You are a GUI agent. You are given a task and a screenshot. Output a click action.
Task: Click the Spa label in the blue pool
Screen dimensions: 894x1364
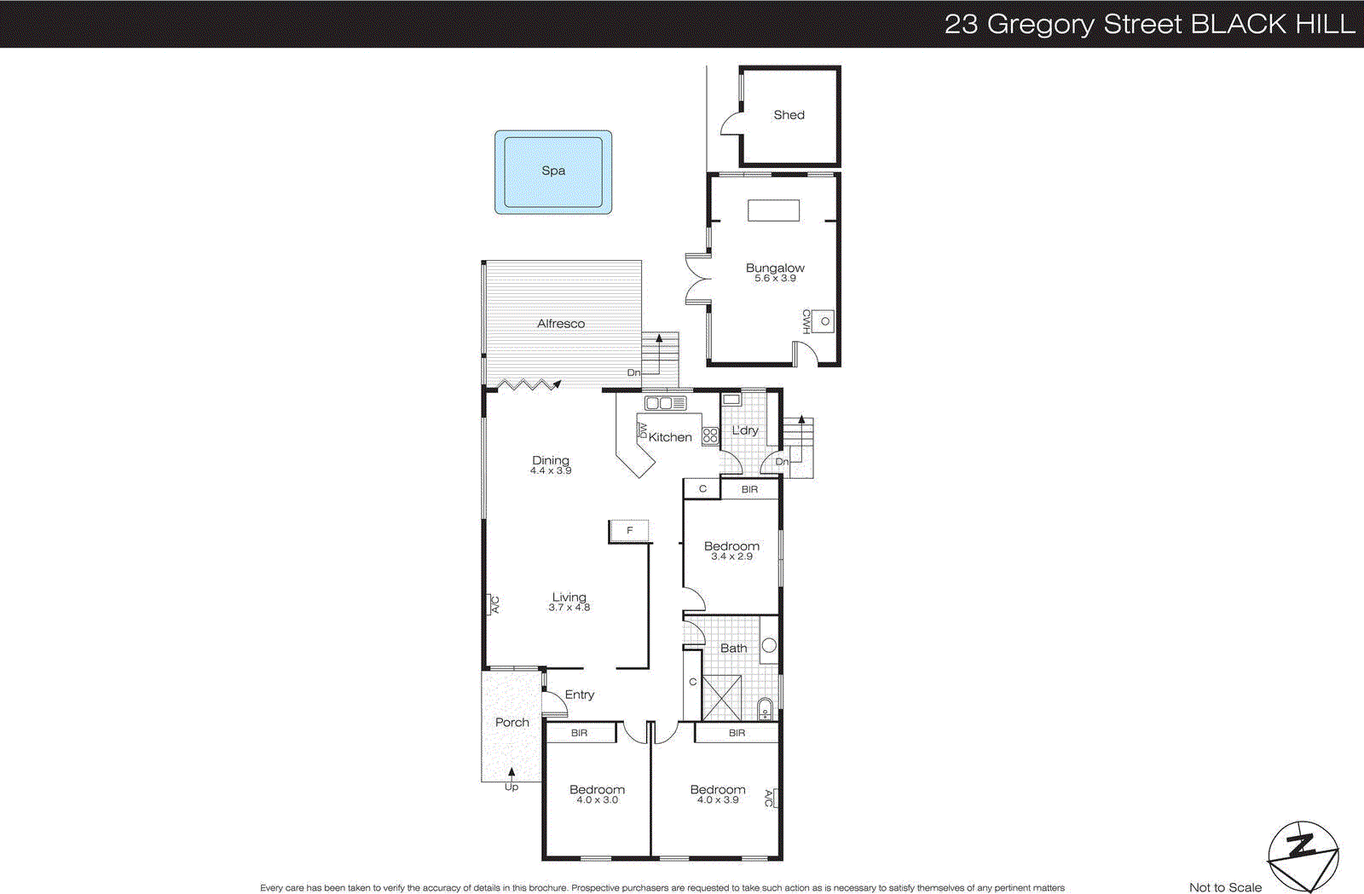point(553,170)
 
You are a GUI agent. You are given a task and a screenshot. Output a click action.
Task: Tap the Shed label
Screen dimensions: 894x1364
point(789,115)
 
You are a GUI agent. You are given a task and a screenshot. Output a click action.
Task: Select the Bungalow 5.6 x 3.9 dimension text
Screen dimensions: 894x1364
point(775,279)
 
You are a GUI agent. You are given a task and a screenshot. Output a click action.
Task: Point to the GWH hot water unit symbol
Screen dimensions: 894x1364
point(824,321)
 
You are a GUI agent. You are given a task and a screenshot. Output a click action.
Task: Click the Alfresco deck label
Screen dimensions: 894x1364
point(561,324)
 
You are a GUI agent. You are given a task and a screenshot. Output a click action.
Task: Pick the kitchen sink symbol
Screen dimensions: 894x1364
point(665,403)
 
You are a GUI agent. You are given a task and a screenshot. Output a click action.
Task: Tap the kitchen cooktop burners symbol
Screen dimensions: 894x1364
point(710,435)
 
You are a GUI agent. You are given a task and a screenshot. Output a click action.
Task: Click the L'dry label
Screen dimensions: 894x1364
point(745,430)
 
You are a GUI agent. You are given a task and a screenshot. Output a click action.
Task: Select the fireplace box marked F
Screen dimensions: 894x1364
point(629,531)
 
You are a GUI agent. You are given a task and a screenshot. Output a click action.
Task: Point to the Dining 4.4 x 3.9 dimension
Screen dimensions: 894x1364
point(551,470)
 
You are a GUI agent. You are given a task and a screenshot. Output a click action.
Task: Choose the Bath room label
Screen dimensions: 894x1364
point(733,649)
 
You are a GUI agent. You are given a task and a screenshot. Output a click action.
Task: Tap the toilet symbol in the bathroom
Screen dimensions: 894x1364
point(766,709)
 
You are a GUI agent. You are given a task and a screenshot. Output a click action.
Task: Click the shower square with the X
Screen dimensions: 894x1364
point(721,698)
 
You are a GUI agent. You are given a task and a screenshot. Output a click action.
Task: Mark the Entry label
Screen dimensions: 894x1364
point(580,695)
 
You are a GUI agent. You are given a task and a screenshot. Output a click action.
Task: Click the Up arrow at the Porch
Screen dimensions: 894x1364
point(511,774)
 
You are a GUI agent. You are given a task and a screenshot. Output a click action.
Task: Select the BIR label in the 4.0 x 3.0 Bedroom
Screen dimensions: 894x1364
point(580,733)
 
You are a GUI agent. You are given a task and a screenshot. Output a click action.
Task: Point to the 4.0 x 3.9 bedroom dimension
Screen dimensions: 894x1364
point(718,800)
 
